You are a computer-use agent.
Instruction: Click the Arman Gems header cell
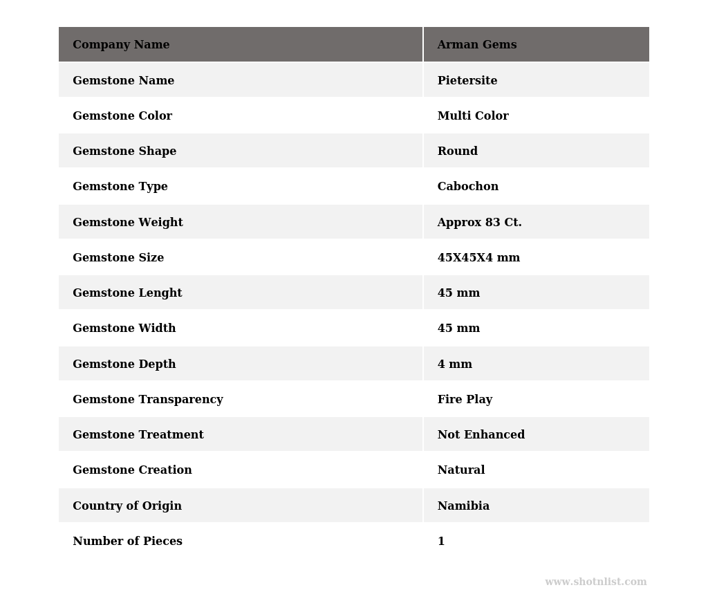click(x=476, y=45)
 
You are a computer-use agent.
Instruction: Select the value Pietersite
click(x=467, y=81)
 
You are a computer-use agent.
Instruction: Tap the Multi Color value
click(x=472, y=116)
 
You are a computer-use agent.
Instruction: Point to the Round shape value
click(x=457, y=151)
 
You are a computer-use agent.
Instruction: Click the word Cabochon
click(x=467, y=187)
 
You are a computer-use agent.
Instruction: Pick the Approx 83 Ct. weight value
click(x=479, y=223)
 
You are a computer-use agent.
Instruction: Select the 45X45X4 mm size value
click(x=478, y=258)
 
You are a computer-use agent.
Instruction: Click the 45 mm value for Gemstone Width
click(x=458, y=329)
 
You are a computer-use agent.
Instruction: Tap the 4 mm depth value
click(x=454, y=364)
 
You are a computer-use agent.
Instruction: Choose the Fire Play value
click(x=465, y=400)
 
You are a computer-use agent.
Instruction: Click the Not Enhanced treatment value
click(x=481, y=435)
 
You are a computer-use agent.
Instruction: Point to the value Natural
click(x=460, y=470)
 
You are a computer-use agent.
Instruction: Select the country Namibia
click(x=463, y=506)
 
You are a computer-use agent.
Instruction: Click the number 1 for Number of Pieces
click(x=441, y=542)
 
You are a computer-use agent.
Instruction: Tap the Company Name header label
click(x=121, y=45)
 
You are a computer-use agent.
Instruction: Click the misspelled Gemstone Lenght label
click(x=127, y=293)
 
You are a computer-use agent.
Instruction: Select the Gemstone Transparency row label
click(x=147, y=400)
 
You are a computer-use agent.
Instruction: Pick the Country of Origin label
click(x=127, y=506)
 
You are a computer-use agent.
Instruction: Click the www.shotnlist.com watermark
click(x=595, y=582)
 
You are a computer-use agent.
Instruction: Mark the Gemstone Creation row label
click(x=132, y=470)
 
